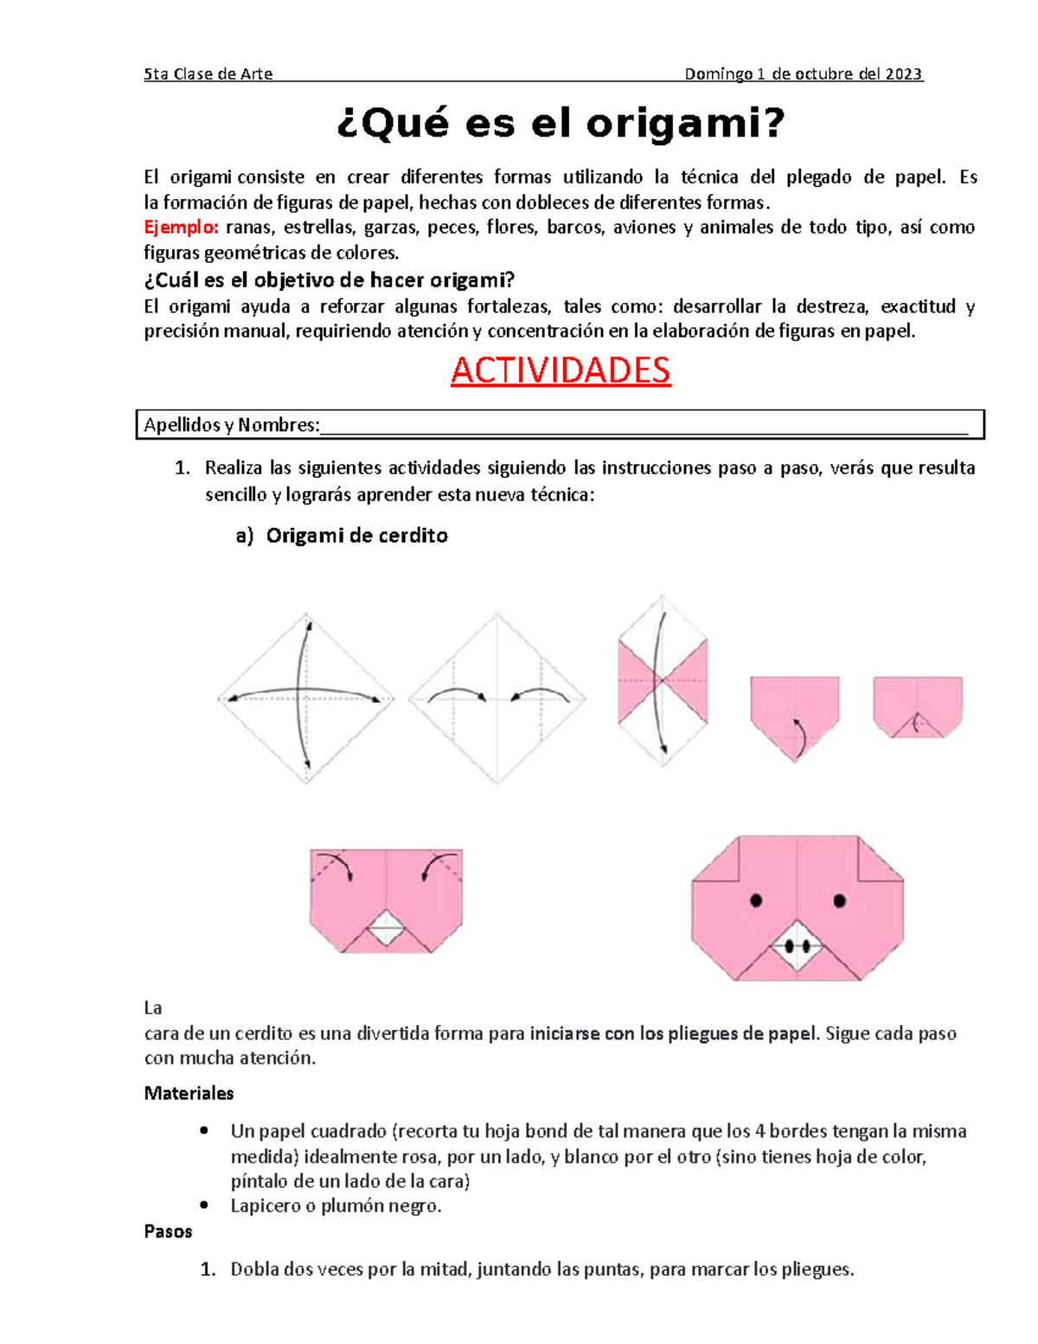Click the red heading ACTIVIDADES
[x=561, y=370]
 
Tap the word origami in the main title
[x=685, y=124]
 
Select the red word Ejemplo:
[x=181, y=228]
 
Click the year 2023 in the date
[x=903, y=74]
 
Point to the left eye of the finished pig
[x=756, y=901]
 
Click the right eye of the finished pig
[x=839, y=901]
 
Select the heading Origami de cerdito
[x=356, y=536]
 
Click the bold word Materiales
[x=189, y=1093]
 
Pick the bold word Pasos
[x=168, y=1231]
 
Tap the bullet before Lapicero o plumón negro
[x=204, y=1205]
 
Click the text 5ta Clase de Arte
[x=208, y=74]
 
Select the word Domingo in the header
[x=718, y=74]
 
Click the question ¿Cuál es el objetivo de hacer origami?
[x=329, y=280]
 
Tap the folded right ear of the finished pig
[x=878, y=858]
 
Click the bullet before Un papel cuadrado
[x=204, y=1130]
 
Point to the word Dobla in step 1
[x=254, y=1270]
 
